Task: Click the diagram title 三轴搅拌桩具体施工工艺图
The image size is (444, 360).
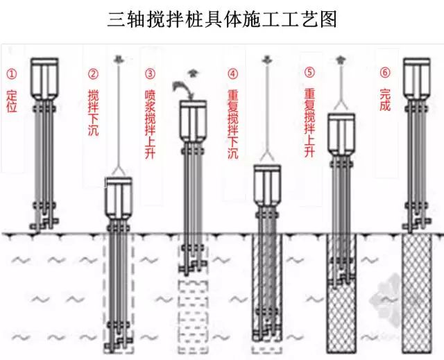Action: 222,19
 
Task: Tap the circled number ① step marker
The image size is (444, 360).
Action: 10,73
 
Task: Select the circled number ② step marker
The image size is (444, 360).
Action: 93,73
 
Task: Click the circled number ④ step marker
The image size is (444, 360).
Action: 232,73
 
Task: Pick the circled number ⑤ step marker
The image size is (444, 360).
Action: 309,73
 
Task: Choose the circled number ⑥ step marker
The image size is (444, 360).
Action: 385,73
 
